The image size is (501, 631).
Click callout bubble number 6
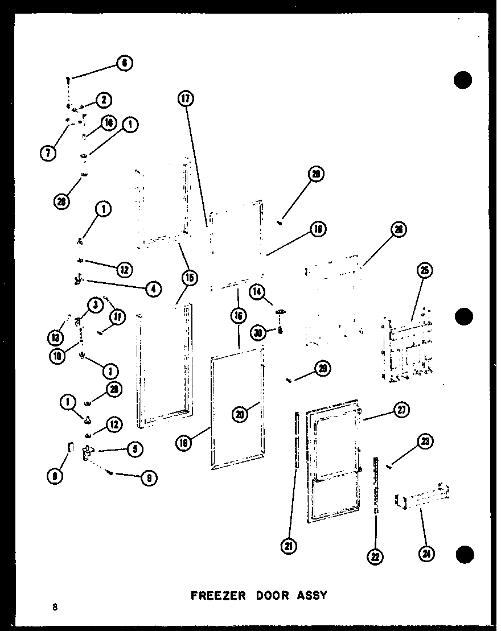[125, 64]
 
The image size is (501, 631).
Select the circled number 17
[185, 98]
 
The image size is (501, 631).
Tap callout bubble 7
[48, 152]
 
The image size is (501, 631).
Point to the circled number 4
[153, 288]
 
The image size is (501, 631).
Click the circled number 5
[135, 448]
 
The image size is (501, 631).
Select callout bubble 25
[424, 271]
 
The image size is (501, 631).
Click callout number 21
[289, 547]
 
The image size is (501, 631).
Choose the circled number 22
[375, 557]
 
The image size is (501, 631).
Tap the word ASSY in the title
[313, 596]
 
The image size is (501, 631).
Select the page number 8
[55, 607]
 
